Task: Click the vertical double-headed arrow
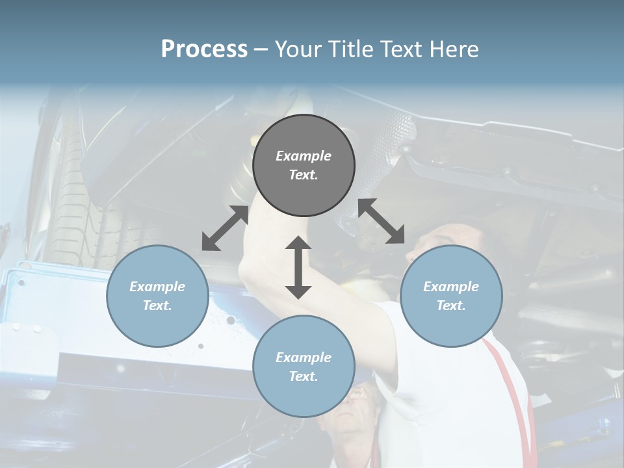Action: (x=298, y=267)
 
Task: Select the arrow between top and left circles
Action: (x=225, y=228)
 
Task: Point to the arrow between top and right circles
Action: (x=382, y=221)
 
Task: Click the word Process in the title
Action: (x=204, y=49)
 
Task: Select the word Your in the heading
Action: (x=296, y=49)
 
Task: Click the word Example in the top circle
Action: (x=304, y=156)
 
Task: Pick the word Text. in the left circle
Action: (x=157, y=305)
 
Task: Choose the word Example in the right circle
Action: (x=451, y=287)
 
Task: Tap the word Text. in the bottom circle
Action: (x=304, y=376)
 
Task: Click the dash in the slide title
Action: (x=261, y=49)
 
